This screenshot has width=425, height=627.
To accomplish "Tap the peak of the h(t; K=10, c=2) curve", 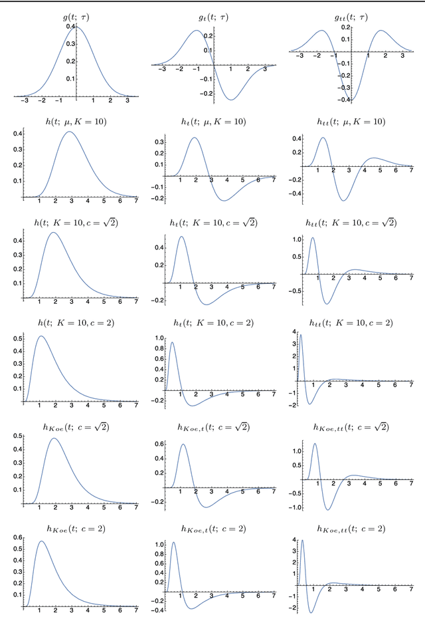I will [x=42, y=336].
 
